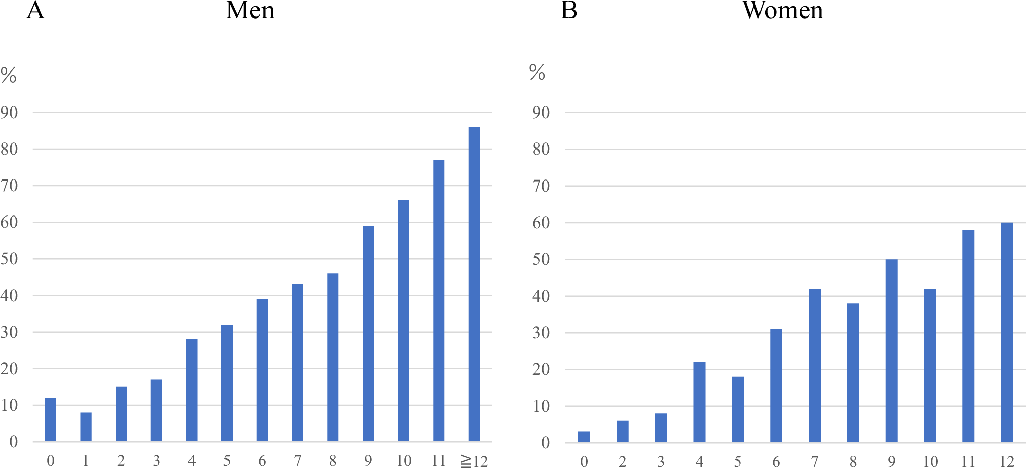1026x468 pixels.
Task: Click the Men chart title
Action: coord(250,10)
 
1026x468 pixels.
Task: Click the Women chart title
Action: coord(783,10)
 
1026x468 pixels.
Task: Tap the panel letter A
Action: coord(35,10)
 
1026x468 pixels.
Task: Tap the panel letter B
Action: coord(568,10)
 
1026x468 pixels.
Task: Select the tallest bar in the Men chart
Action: coord(474,284)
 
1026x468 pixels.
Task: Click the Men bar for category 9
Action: coord(368,334)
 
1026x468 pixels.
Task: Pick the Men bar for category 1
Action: coord(86,427)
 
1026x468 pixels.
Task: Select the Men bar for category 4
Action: coord(192,390)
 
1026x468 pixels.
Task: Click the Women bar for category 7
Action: coord(814,365)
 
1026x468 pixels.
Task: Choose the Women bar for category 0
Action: coord(584,437)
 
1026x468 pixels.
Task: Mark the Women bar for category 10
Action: coord(930,365)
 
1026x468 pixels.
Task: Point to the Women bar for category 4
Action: coord(699,402)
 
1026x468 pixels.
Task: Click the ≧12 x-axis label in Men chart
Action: coord(474,460)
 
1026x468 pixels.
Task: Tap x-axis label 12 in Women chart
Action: coord(1007,461)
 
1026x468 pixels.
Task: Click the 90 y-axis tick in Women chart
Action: coord(541,113)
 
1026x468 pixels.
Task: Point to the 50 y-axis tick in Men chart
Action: coord(9,259)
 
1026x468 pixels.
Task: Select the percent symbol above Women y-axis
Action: coord(537,73)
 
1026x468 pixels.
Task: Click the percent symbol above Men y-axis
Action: coord(9,76)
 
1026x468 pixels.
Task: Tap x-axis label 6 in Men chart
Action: coord(262,460)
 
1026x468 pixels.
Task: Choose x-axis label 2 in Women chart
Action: coord(622,461)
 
